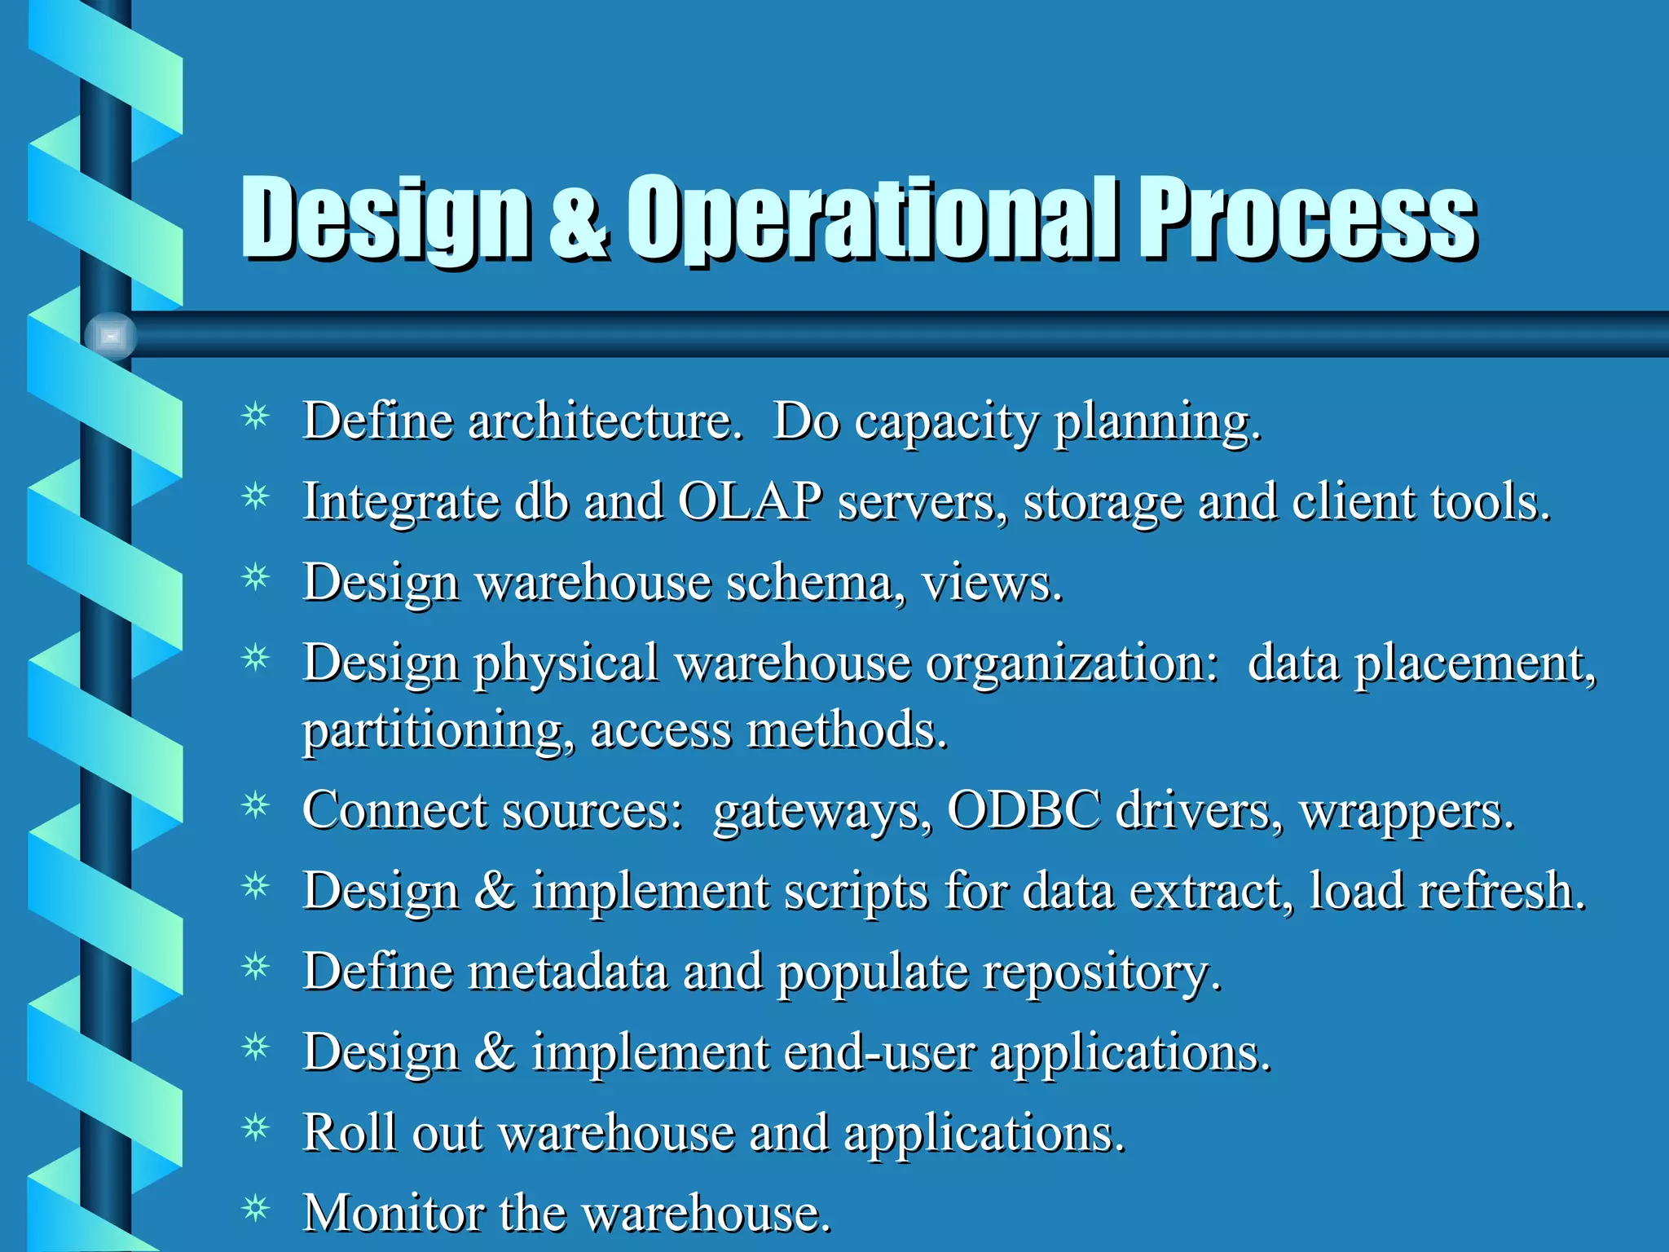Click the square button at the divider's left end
coord(111,336)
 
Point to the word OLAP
coord(750,500)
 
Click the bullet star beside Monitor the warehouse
coord(256,1208)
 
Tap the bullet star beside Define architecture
coord(256,417)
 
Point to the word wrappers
coord(1407,812)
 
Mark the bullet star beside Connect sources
coord(256,805)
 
